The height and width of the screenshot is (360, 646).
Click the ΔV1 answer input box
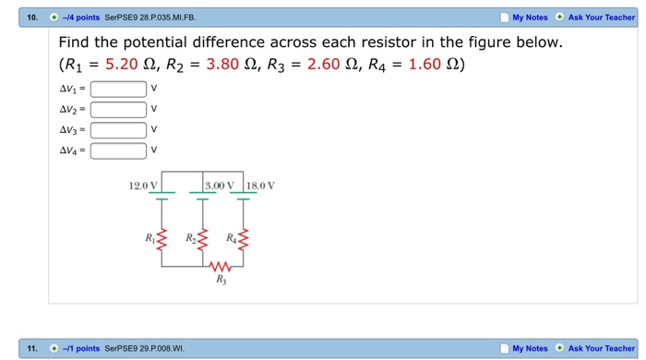pyautogui.click(x=118, y=90)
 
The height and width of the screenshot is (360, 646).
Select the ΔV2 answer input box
pyautogui.click(x=118, y=110)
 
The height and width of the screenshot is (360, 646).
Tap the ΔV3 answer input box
pyautogui.click(x=118, y=130)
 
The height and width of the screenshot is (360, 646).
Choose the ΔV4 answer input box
pyautogui.click(x=118, y=150)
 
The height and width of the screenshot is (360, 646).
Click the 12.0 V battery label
pyautogui.click(x=145, y=186)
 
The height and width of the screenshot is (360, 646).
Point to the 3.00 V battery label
pyautogui.click(x=221, y=186)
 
